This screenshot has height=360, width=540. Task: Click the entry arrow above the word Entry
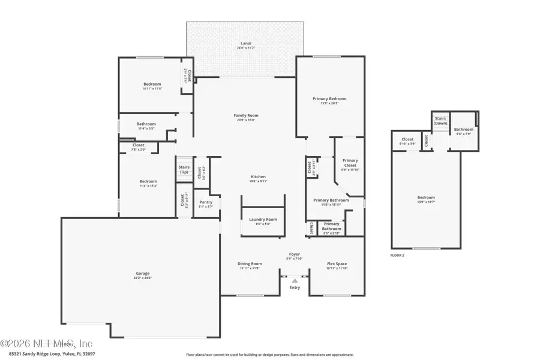(x=295, y=280)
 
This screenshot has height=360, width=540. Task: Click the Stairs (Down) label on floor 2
(x=440, y=121)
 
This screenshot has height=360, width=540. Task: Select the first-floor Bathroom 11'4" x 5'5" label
(x=146, y=125)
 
